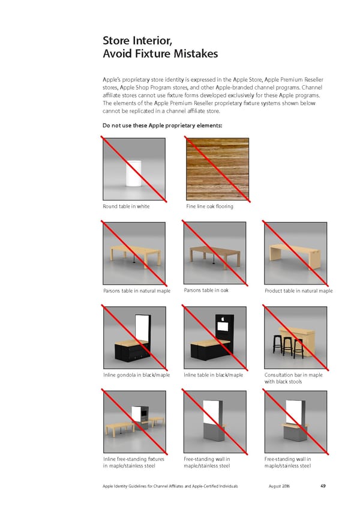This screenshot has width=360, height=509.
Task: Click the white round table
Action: coord(134,173)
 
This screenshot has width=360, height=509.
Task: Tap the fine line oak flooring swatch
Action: coord(217,169)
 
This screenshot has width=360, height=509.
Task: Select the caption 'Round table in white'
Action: coord(126,206)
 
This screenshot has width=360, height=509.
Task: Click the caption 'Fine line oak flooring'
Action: coord(210,206)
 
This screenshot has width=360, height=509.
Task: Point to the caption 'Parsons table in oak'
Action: coord(206,290)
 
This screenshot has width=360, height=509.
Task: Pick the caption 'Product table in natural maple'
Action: coord(299,291)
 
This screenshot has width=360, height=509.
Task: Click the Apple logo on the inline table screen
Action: coord(223,319)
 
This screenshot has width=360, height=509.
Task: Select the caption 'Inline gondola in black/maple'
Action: coord(136,375)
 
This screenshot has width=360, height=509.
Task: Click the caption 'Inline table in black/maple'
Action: coord(213,375)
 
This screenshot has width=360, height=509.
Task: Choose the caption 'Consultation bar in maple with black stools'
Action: coord(293,378)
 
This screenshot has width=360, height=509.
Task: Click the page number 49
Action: coord(323,486)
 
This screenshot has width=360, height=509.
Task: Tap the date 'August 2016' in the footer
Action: coord(279,486)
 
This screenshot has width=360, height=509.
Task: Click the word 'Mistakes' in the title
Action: coord(196,53)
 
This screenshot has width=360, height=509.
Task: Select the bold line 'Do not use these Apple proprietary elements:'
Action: coord(163,125)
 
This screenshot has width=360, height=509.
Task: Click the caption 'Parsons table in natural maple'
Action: coord(137,291)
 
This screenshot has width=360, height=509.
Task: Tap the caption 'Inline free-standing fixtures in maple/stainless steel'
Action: coord(134,462)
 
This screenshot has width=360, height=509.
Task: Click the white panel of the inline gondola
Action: coord(142,327)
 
